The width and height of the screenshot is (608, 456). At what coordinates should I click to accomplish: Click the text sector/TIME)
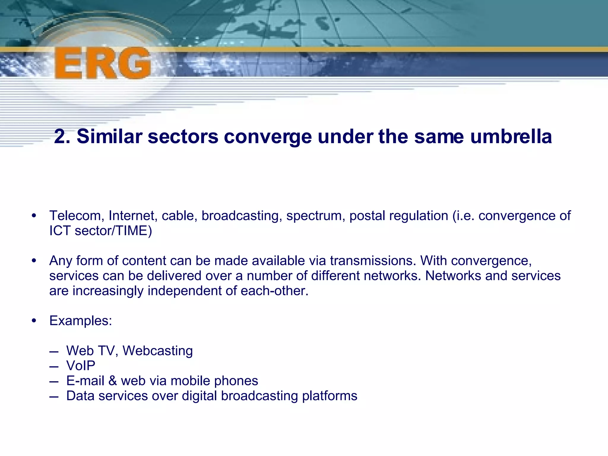113,231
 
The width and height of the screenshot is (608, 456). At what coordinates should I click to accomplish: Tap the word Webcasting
158,351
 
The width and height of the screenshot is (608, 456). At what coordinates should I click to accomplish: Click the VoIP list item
81,366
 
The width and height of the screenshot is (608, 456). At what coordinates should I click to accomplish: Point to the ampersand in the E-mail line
113,381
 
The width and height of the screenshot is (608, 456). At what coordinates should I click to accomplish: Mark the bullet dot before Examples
34,321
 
